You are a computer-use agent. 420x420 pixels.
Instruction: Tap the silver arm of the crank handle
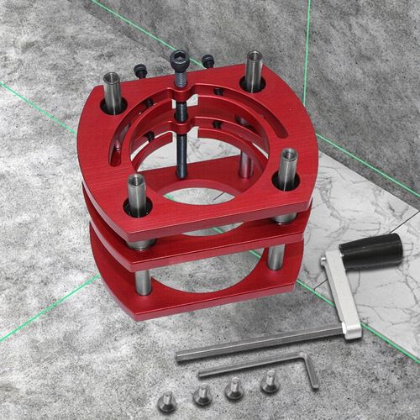point(339,291)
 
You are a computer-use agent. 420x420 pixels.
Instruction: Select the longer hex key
point(252,342)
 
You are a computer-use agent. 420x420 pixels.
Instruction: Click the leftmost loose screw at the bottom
point(167,401)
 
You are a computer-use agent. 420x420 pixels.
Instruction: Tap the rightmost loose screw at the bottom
point(270,384)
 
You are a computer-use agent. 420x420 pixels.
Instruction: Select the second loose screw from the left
point(202,395)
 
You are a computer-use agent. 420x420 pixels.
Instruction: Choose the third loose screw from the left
point(235,389)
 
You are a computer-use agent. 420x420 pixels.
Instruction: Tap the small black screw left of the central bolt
point(140,71)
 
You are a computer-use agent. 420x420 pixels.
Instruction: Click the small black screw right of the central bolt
point(207,60)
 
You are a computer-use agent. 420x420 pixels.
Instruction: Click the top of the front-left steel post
point(137,181)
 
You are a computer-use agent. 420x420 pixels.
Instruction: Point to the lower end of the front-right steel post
point(276,256)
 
